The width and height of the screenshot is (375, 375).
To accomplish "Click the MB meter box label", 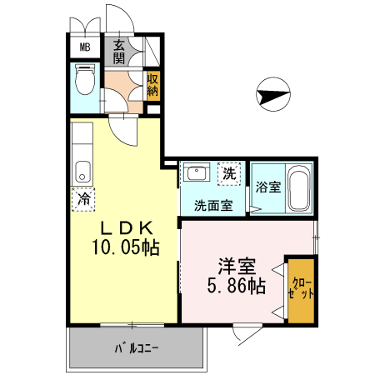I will click(x=84, y=47).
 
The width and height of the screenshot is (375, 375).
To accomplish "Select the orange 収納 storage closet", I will click(x=152, y=86).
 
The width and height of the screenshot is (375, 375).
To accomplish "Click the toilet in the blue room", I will click(x=83, y=82).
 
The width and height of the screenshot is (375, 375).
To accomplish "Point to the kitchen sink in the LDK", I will click(x=82, y=172).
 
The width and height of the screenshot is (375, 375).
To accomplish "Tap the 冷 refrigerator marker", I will click(x=82, y=199).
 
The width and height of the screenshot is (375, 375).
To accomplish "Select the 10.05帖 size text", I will click(x=126, y=247).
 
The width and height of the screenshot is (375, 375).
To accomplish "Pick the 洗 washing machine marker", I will click(x=228, y=173).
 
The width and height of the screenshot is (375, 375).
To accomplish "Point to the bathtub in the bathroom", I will click(x=300, y=189).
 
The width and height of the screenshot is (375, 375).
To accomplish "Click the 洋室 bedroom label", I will click(x=237, y=267).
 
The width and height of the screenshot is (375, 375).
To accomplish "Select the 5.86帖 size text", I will click(x=237, y=287).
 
